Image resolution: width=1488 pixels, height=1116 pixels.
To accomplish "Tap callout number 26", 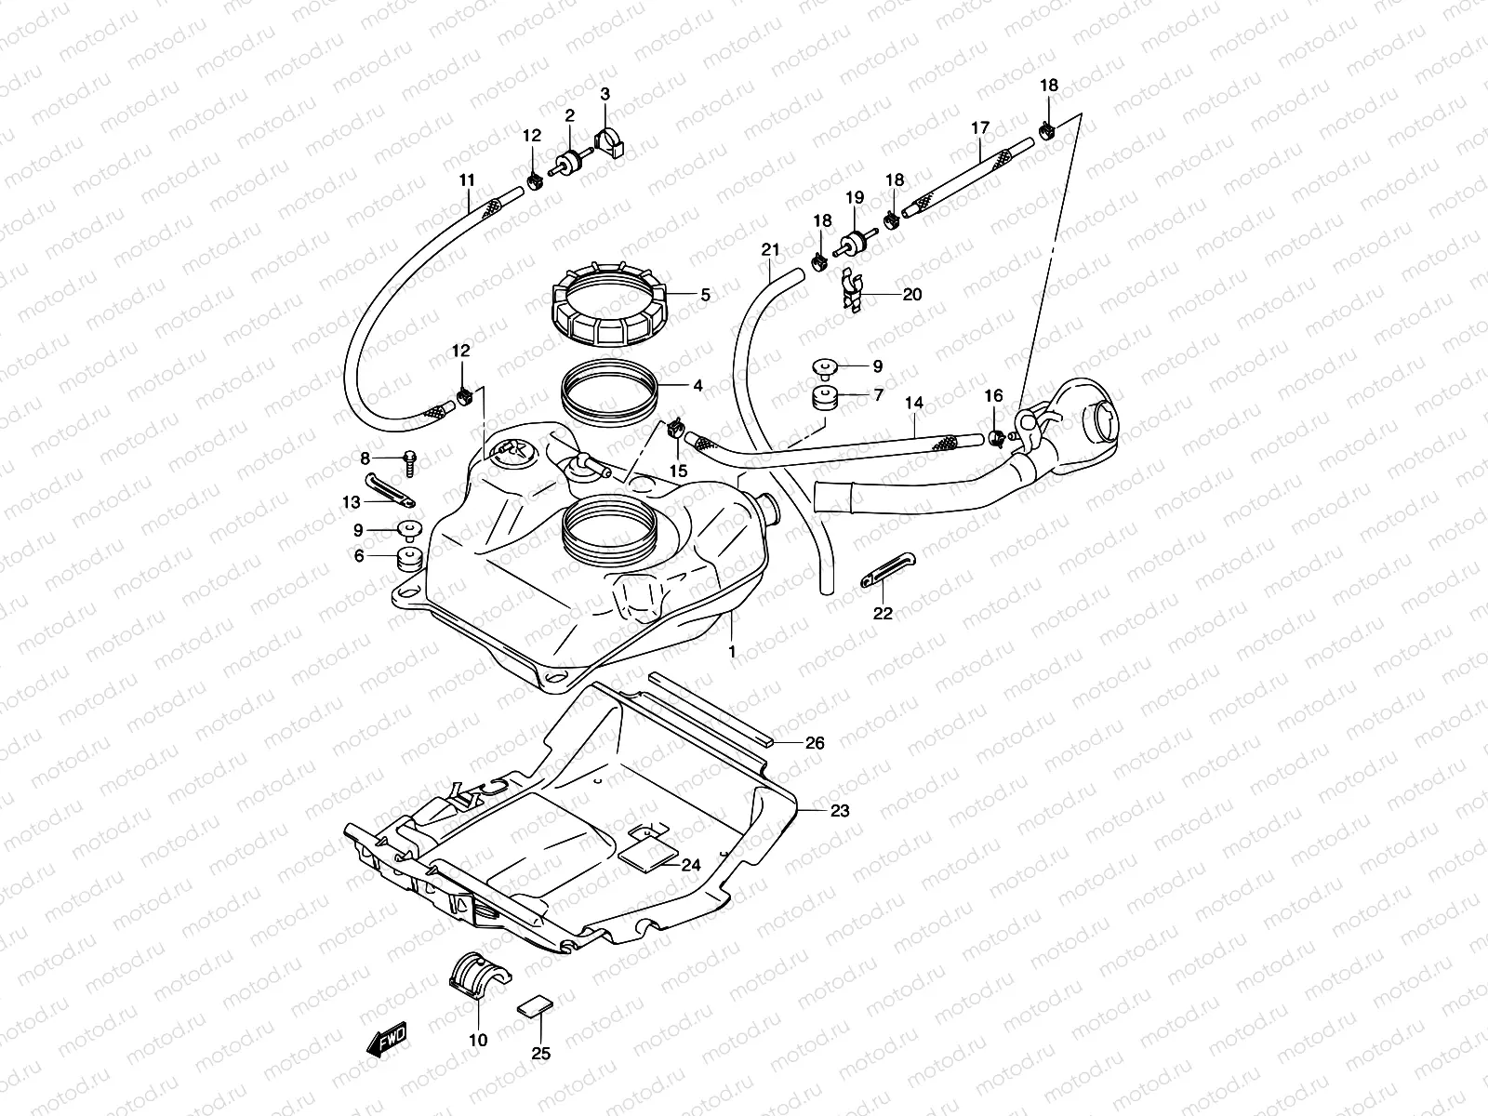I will (x=815, y=743).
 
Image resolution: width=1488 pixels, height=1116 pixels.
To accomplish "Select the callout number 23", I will (x=839, y=811).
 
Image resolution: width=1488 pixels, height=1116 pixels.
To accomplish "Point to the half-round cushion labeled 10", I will (x=480, y=977).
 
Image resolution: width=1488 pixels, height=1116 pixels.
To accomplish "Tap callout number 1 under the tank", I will (x=732, y=652).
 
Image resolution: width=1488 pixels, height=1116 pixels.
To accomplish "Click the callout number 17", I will (x=980, y=127).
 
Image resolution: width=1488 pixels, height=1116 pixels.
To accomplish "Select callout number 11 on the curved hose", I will (x=467, y=179).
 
